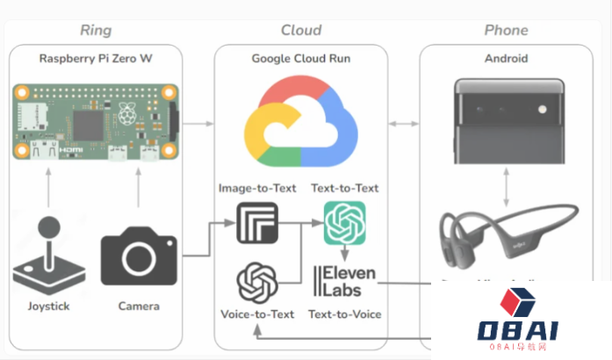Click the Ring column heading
click(x=96, y=30)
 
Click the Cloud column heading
click(x=300, y=30)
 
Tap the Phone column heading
click(x=506, y=30)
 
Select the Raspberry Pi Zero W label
click(x=95, y=59)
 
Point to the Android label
click(x=506, y=59)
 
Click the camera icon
click(x=138, y=255)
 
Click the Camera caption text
click(x=139, y=306)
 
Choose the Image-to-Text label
click(x=256, y=187)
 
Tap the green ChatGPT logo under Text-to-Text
click(x=344, y=223)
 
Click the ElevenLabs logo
click(x=344, y=279)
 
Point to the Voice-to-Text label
click(x=256, y=313)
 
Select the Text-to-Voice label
click(x=344, y=313)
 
